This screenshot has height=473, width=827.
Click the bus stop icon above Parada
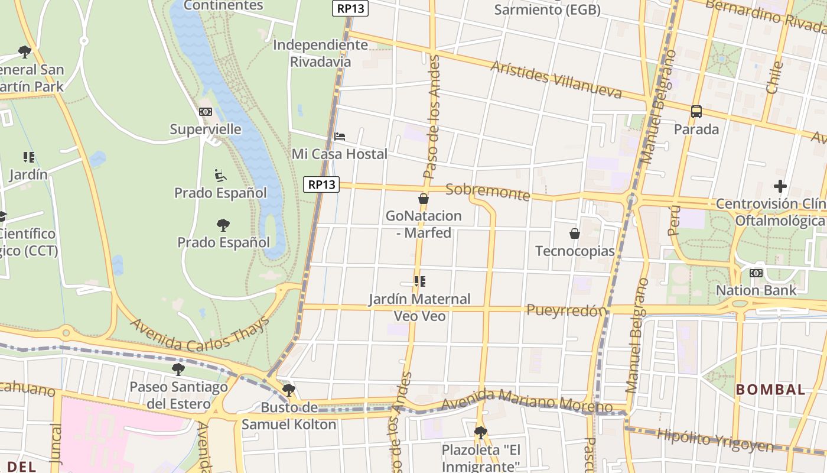[x=696, y=111]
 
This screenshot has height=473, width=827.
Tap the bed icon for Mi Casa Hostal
[x=340, y=136]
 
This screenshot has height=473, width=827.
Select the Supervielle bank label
[x=206, y=129]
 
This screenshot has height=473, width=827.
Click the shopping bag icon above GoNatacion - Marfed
[x=424, y=199]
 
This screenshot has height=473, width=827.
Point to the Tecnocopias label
[x=575, y=251]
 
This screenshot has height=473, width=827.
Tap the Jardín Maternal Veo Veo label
[x=419, y=307]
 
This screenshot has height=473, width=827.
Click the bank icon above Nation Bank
[x=756, y=273]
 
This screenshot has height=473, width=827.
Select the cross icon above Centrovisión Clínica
[x=780, y=186]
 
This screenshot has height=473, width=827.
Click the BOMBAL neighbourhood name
[x=770, y=390]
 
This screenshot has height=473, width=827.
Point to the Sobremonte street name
[x=488, y=192]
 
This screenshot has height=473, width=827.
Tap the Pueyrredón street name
[x=566, y=310]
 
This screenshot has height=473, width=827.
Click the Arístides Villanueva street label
[x=556, y=79]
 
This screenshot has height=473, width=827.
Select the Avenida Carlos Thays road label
[x=200, y=335]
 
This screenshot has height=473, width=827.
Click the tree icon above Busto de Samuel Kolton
[x=289, y=390]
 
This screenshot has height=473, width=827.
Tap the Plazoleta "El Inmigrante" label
[x=481, y=458]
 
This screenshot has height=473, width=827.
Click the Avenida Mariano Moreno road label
[x=526, y=401]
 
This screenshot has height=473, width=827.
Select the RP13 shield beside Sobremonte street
[x=322, y=184]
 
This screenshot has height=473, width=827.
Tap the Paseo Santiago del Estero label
[x=178, y=396]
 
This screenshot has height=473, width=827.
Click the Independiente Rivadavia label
[x=320, y=53]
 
